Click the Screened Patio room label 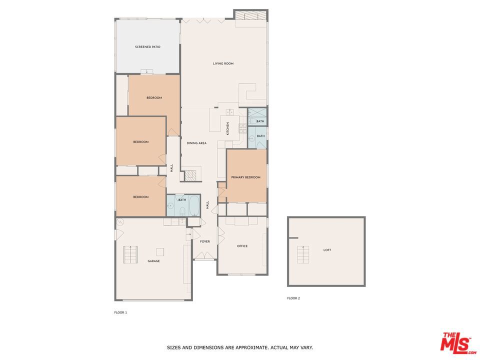(x=147, y=47)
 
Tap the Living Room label (x=223, y=63)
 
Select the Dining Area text (x=196, y=143)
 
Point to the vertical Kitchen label (x=228, y=128)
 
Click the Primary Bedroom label (x=246, y=177)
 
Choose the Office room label (x=242, y=246)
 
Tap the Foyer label (x=205, y=241)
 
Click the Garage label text (x=153, y=261)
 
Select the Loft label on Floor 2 (x=327, y=250)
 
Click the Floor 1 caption (x=120, y=312)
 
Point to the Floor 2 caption (x=293, y=298)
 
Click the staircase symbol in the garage (x=130, y=254)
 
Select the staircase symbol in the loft (x=303, y=254)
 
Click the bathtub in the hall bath (x=194, y=205)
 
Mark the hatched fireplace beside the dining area (x=190, y=175)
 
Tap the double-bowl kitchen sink (x=230, y=112)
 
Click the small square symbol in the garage (x=160, y=252)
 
